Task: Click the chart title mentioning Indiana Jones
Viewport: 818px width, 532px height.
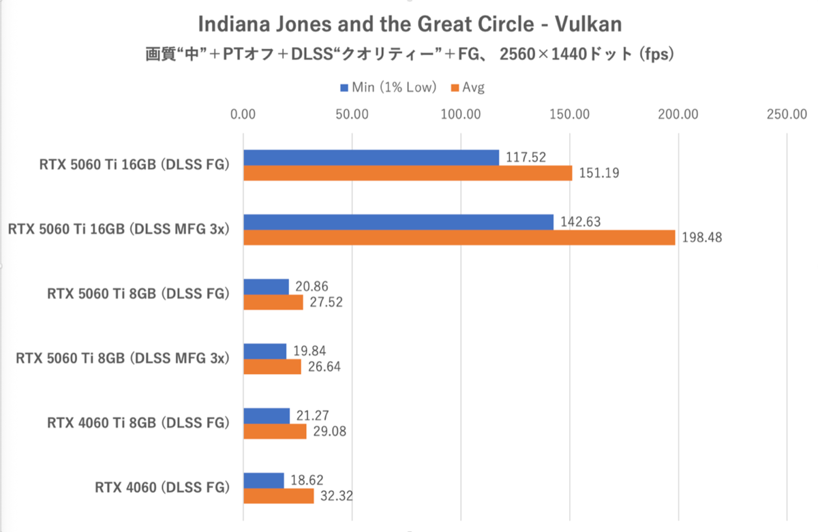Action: pyautogui.click(x=410, y=25)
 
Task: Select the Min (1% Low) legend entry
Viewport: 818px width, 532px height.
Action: pyautogui.click(x=388, y=87)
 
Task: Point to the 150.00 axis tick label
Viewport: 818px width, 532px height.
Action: pyautogui.click(x=570, y=114)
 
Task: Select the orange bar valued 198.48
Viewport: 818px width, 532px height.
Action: pyautogui.click(x=459, y=238)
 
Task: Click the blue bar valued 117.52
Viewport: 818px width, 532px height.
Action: pyautogui.click(x=371, y=157)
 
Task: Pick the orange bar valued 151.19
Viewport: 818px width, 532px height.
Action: pyautogui.click(x=408, y=173)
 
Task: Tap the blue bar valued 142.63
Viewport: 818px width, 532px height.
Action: pyautogui.click(x=398, y=222)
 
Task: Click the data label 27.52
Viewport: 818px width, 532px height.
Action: pyautogui.click(x=324, y=302)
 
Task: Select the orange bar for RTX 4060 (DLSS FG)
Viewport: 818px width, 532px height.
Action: pyautogui.click(x=278, y=496)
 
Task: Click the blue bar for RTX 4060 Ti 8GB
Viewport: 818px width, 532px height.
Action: pyautogui.click(x=267, y=416)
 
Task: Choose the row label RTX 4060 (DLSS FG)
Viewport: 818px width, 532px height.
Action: pyautogui.click(x=162, y=488)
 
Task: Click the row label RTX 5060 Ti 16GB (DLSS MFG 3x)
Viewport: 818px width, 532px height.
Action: pyautogui.click(x=117, y=230)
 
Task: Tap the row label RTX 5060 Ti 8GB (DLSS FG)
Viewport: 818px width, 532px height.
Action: pyautogui.click(x=138, y=294)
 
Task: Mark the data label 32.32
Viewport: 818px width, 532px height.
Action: pyautogui.click(x=335, y=496)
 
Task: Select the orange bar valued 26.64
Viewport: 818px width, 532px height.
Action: pyautogui.click(x=272, y=366)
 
